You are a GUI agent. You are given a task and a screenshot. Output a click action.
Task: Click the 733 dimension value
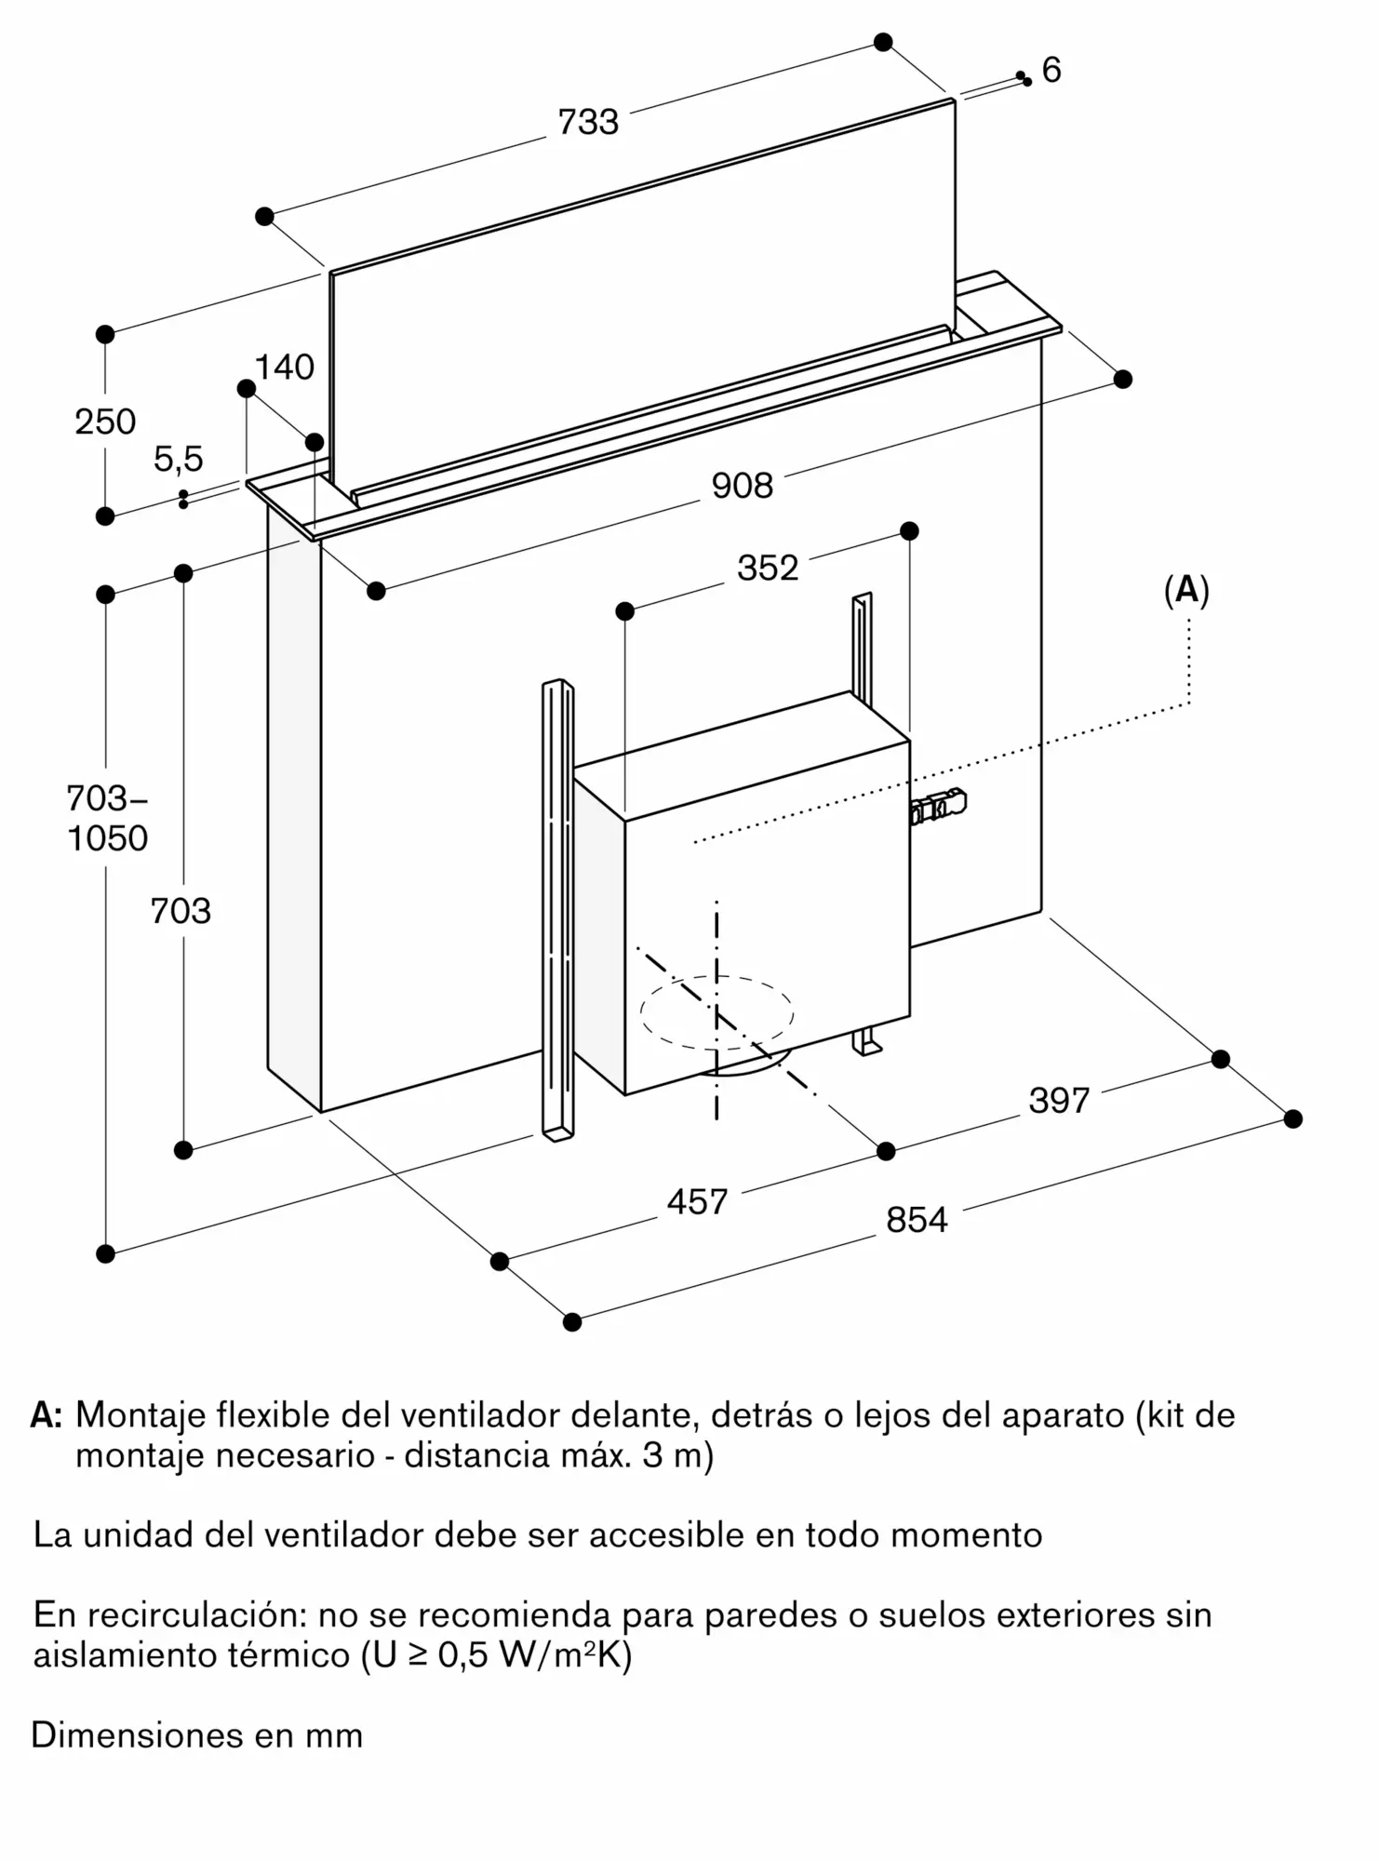pos(588,122)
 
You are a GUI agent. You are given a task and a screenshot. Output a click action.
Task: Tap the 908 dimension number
pos(742,486)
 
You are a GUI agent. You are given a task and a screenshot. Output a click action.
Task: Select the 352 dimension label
pos(768,568)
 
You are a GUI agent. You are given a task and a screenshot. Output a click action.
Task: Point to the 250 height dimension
pos(105,422)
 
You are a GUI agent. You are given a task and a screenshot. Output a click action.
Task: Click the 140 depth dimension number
pos(284,368)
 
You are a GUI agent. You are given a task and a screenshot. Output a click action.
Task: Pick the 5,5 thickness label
pos(178,459)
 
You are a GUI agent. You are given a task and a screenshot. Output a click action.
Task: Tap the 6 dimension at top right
pos(1051,70)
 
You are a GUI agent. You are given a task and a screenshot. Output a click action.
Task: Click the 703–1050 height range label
pos(107,818)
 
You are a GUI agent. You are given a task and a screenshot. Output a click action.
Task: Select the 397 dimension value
pos(1059,1101)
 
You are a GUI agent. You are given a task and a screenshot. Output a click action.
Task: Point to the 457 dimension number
pos(697,1202)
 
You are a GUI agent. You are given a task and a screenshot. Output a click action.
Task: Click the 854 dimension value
pos(917,1220)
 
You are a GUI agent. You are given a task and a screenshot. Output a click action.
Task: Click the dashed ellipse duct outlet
pos(716,1011)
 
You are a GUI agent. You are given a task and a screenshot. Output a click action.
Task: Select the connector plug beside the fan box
pos(940,808)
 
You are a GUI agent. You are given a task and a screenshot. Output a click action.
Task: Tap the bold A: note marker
pos(47,1415)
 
